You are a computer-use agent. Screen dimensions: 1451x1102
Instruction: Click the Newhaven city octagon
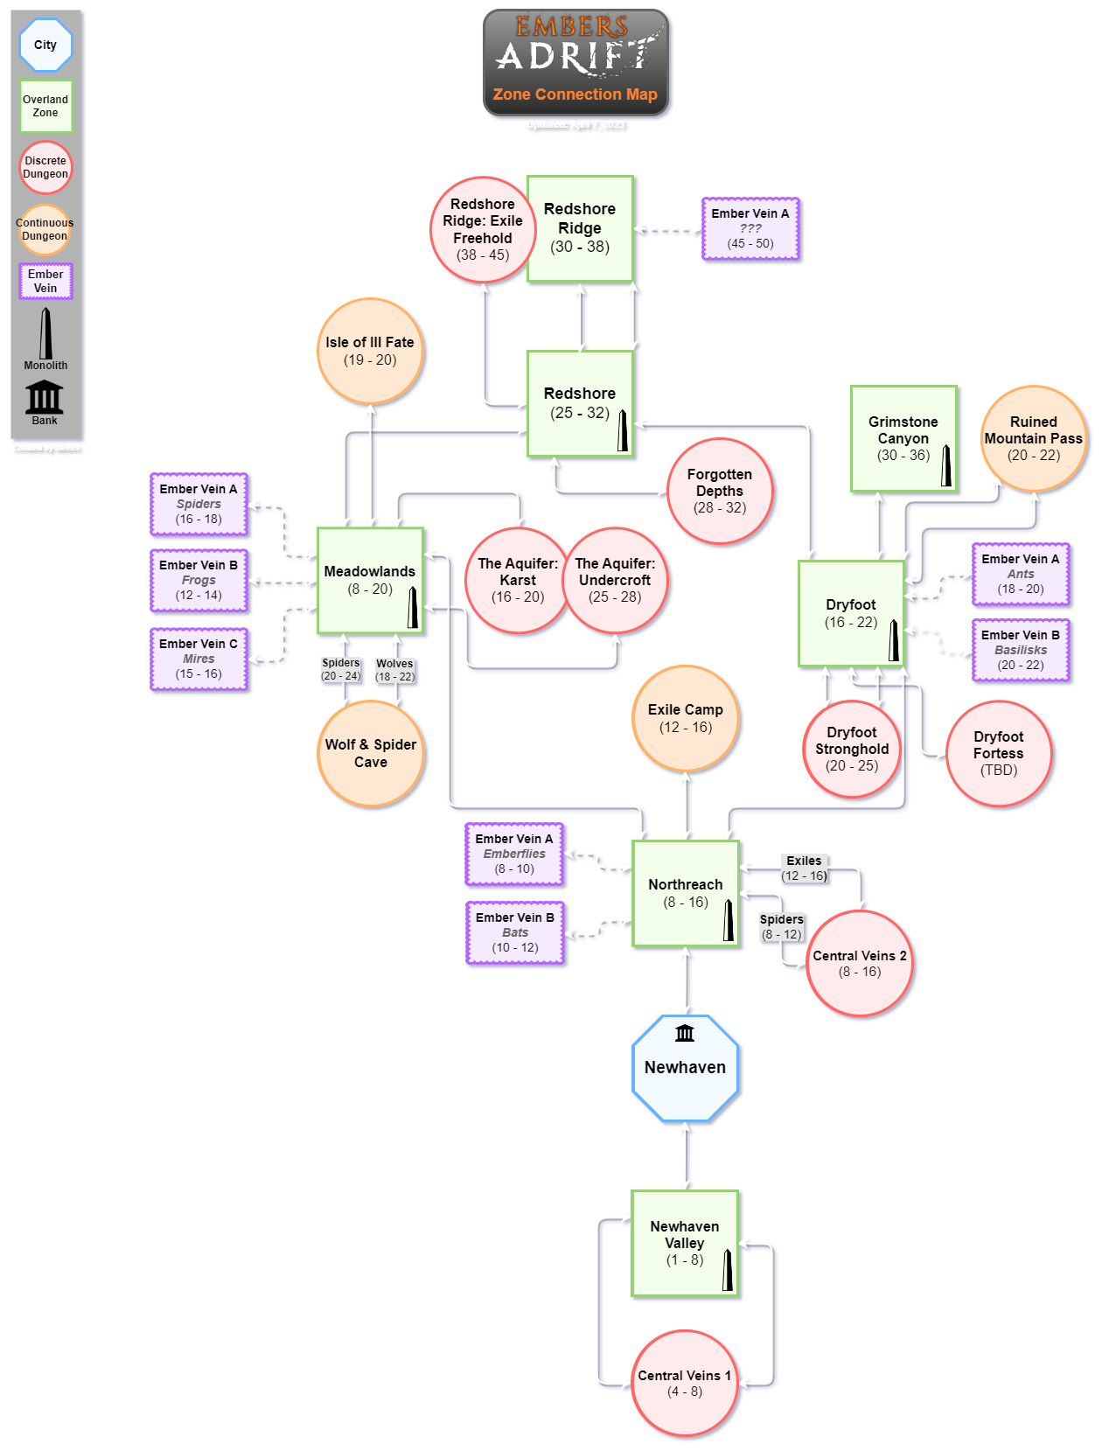(686, 1068)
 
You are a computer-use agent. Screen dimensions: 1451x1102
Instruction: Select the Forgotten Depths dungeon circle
(720, 492)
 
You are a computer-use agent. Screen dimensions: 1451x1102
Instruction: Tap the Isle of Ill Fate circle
(370, 351)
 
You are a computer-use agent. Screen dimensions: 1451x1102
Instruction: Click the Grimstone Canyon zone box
(903, 438)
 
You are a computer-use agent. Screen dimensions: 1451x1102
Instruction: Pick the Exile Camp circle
(686, 718)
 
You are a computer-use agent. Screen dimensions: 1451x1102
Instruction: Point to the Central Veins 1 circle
(685, 1383)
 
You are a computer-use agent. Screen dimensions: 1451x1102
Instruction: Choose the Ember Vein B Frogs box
(199, 580)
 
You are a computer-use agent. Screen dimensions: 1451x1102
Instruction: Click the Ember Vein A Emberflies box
(514, 854)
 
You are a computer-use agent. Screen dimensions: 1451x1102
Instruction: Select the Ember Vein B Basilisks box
(1021, 650)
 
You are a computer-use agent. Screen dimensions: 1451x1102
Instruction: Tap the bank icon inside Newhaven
(685, 1033)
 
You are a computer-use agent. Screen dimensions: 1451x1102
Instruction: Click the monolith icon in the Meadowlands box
(413, 606)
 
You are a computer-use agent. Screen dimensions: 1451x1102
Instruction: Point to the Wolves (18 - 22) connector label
(394, 670)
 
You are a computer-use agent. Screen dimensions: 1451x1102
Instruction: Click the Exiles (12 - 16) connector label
(804, 869)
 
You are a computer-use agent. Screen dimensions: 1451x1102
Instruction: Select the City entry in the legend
(45, 45)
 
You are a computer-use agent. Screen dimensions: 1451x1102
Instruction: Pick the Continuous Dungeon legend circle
(45, 229)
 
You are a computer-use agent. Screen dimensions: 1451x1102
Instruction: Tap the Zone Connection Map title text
(575, 94)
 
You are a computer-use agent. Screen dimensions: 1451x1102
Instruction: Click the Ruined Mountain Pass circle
(1034, 438)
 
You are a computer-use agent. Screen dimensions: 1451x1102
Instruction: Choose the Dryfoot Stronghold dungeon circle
(852, 749)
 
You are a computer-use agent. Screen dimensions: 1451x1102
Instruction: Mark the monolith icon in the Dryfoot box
(894, 640)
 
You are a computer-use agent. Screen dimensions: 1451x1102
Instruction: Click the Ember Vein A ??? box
(750, 228)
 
